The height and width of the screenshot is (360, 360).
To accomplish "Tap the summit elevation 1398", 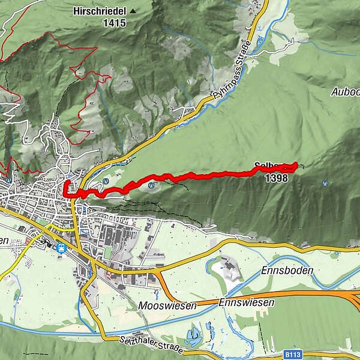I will [276, 178].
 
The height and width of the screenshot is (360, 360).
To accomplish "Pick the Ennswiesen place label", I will [247, 302].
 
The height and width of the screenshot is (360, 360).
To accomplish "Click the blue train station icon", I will [61, 247].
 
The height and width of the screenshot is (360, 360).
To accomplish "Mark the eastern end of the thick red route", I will [296, 164].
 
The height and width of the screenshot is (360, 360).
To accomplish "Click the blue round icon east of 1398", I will [325, 183].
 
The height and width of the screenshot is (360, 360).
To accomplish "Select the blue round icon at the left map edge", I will [7, 179].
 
